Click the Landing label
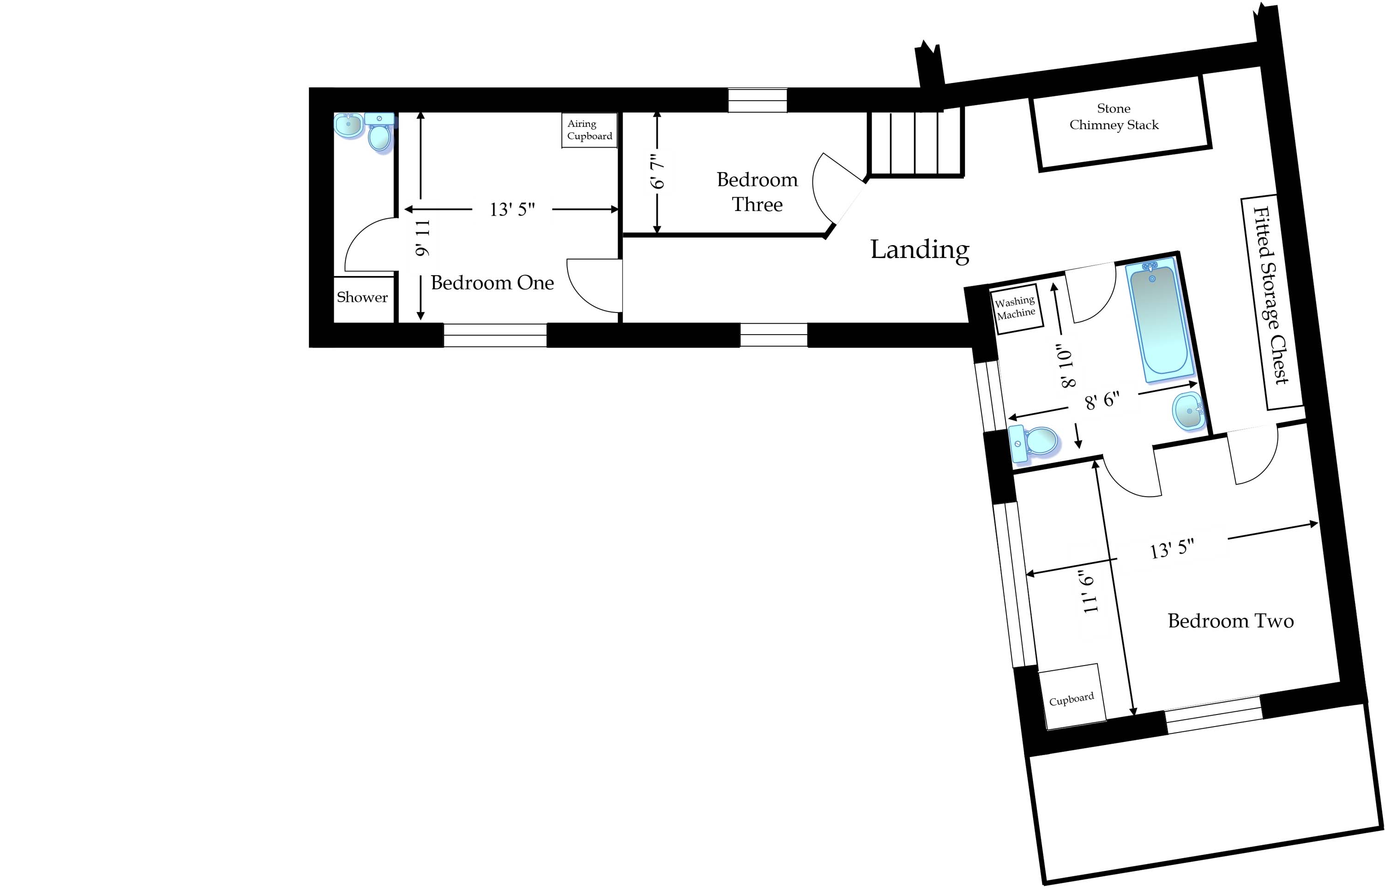point(919,249)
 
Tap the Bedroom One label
point(492,283)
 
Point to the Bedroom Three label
point(757,192)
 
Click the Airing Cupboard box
point(589,130)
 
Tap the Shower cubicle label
point(362,298)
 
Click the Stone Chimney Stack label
point(1114,117)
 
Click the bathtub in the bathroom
point(1159,321)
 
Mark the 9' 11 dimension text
point(422,238)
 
